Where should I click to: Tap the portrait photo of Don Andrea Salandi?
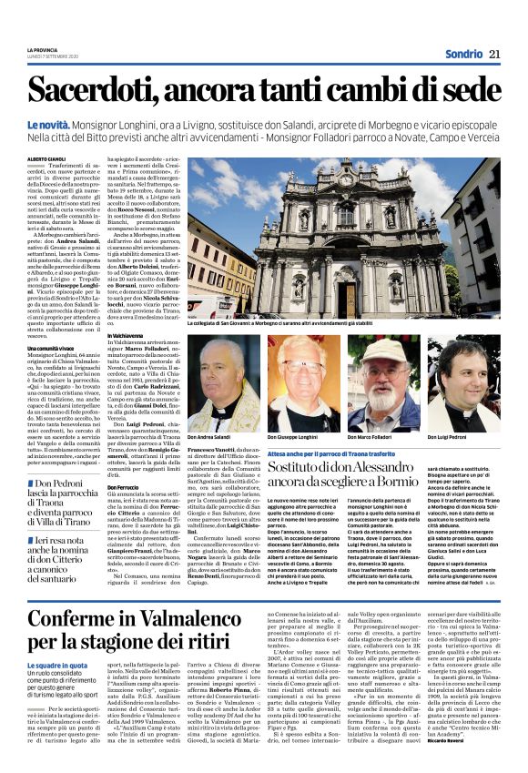tap(225, 386)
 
